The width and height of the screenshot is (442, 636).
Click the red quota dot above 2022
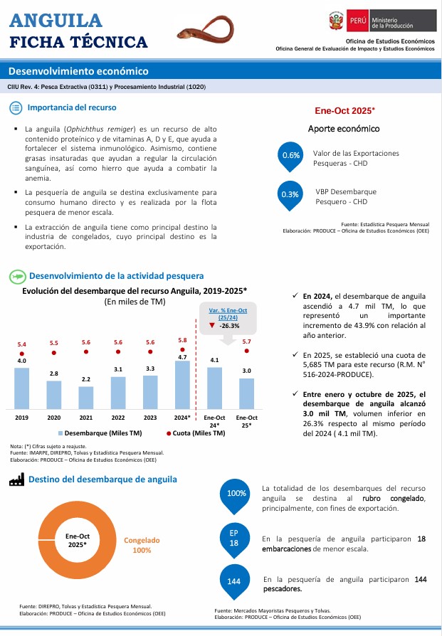pos(118,351)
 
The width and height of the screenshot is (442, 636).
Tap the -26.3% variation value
pos(228,326)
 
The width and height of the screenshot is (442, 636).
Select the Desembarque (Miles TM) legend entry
pos(100,433)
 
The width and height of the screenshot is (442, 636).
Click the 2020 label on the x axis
pos(54,418)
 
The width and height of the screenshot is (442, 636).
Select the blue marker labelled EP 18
pos(234,539)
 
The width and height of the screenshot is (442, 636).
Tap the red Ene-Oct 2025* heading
pos(344,111)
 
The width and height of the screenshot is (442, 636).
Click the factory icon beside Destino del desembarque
pos(16,480)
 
